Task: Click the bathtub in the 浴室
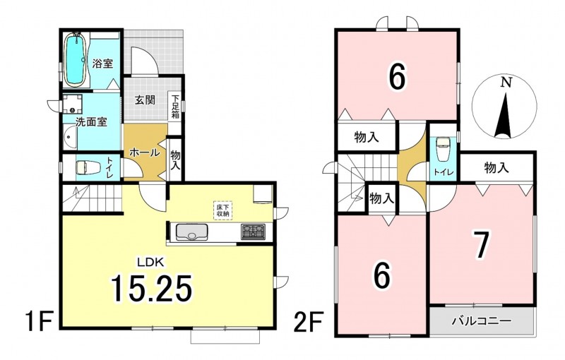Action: click(x=76, y=60)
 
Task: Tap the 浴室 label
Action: click(x=102, y=64)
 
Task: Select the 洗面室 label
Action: click(x=91, y=121)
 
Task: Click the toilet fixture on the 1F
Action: click(x=86, y=167)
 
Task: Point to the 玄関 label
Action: click(x=145, y=100)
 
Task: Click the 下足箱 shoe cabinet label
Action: click(x=175, y=107)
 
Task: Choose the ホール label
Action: click(x=144, y=152)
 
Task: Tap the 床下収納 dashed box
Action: click(x=223, y=210)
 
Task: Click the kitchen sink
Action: click(x=191, y=232)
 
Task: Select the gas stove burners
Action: click(x=253, y=232)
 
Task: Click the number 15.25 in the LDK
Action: click(x=151, y=287)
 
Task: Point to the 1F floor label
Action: click(x=39, y=323)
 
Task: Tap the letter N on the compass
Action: click(x=507, y=83)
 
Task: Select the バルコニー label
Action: click(x=482, y=320)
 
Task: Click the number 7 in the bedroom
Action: click(x=482, y=245)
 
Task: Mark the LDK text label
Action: click(x=150, y=262)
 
